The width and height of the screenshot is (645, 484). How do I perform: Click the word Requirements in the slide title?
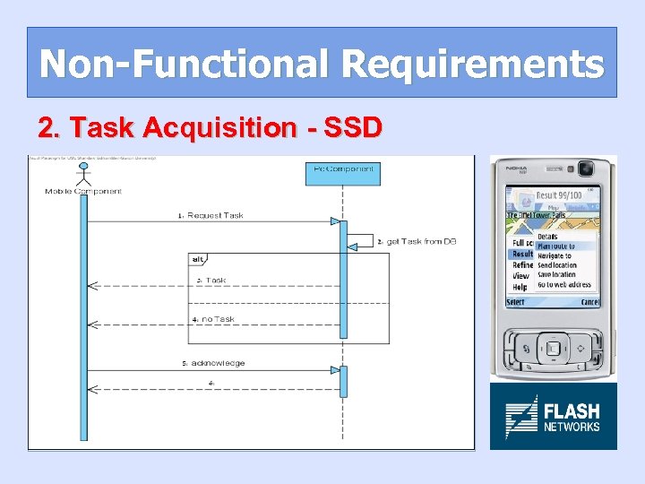472,64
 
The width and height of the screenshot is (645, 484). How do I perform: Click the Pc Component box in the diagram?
344,170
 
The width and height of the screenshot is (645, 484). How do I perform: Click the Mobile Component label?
83,191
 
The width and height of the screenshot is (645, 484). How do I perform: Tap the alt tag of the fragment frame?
197,259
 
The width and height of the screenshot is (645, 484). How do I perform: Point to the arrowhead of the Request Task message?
335,221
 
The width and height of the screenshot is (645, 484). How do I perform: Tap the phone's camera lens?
586,169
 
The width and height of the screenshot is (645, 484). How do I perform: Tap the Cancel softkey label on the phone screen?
589,302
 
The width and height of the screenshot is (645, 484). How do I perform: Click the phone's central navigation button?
553,347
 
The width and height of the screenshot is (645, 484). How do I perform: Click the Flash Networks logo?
553,416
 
